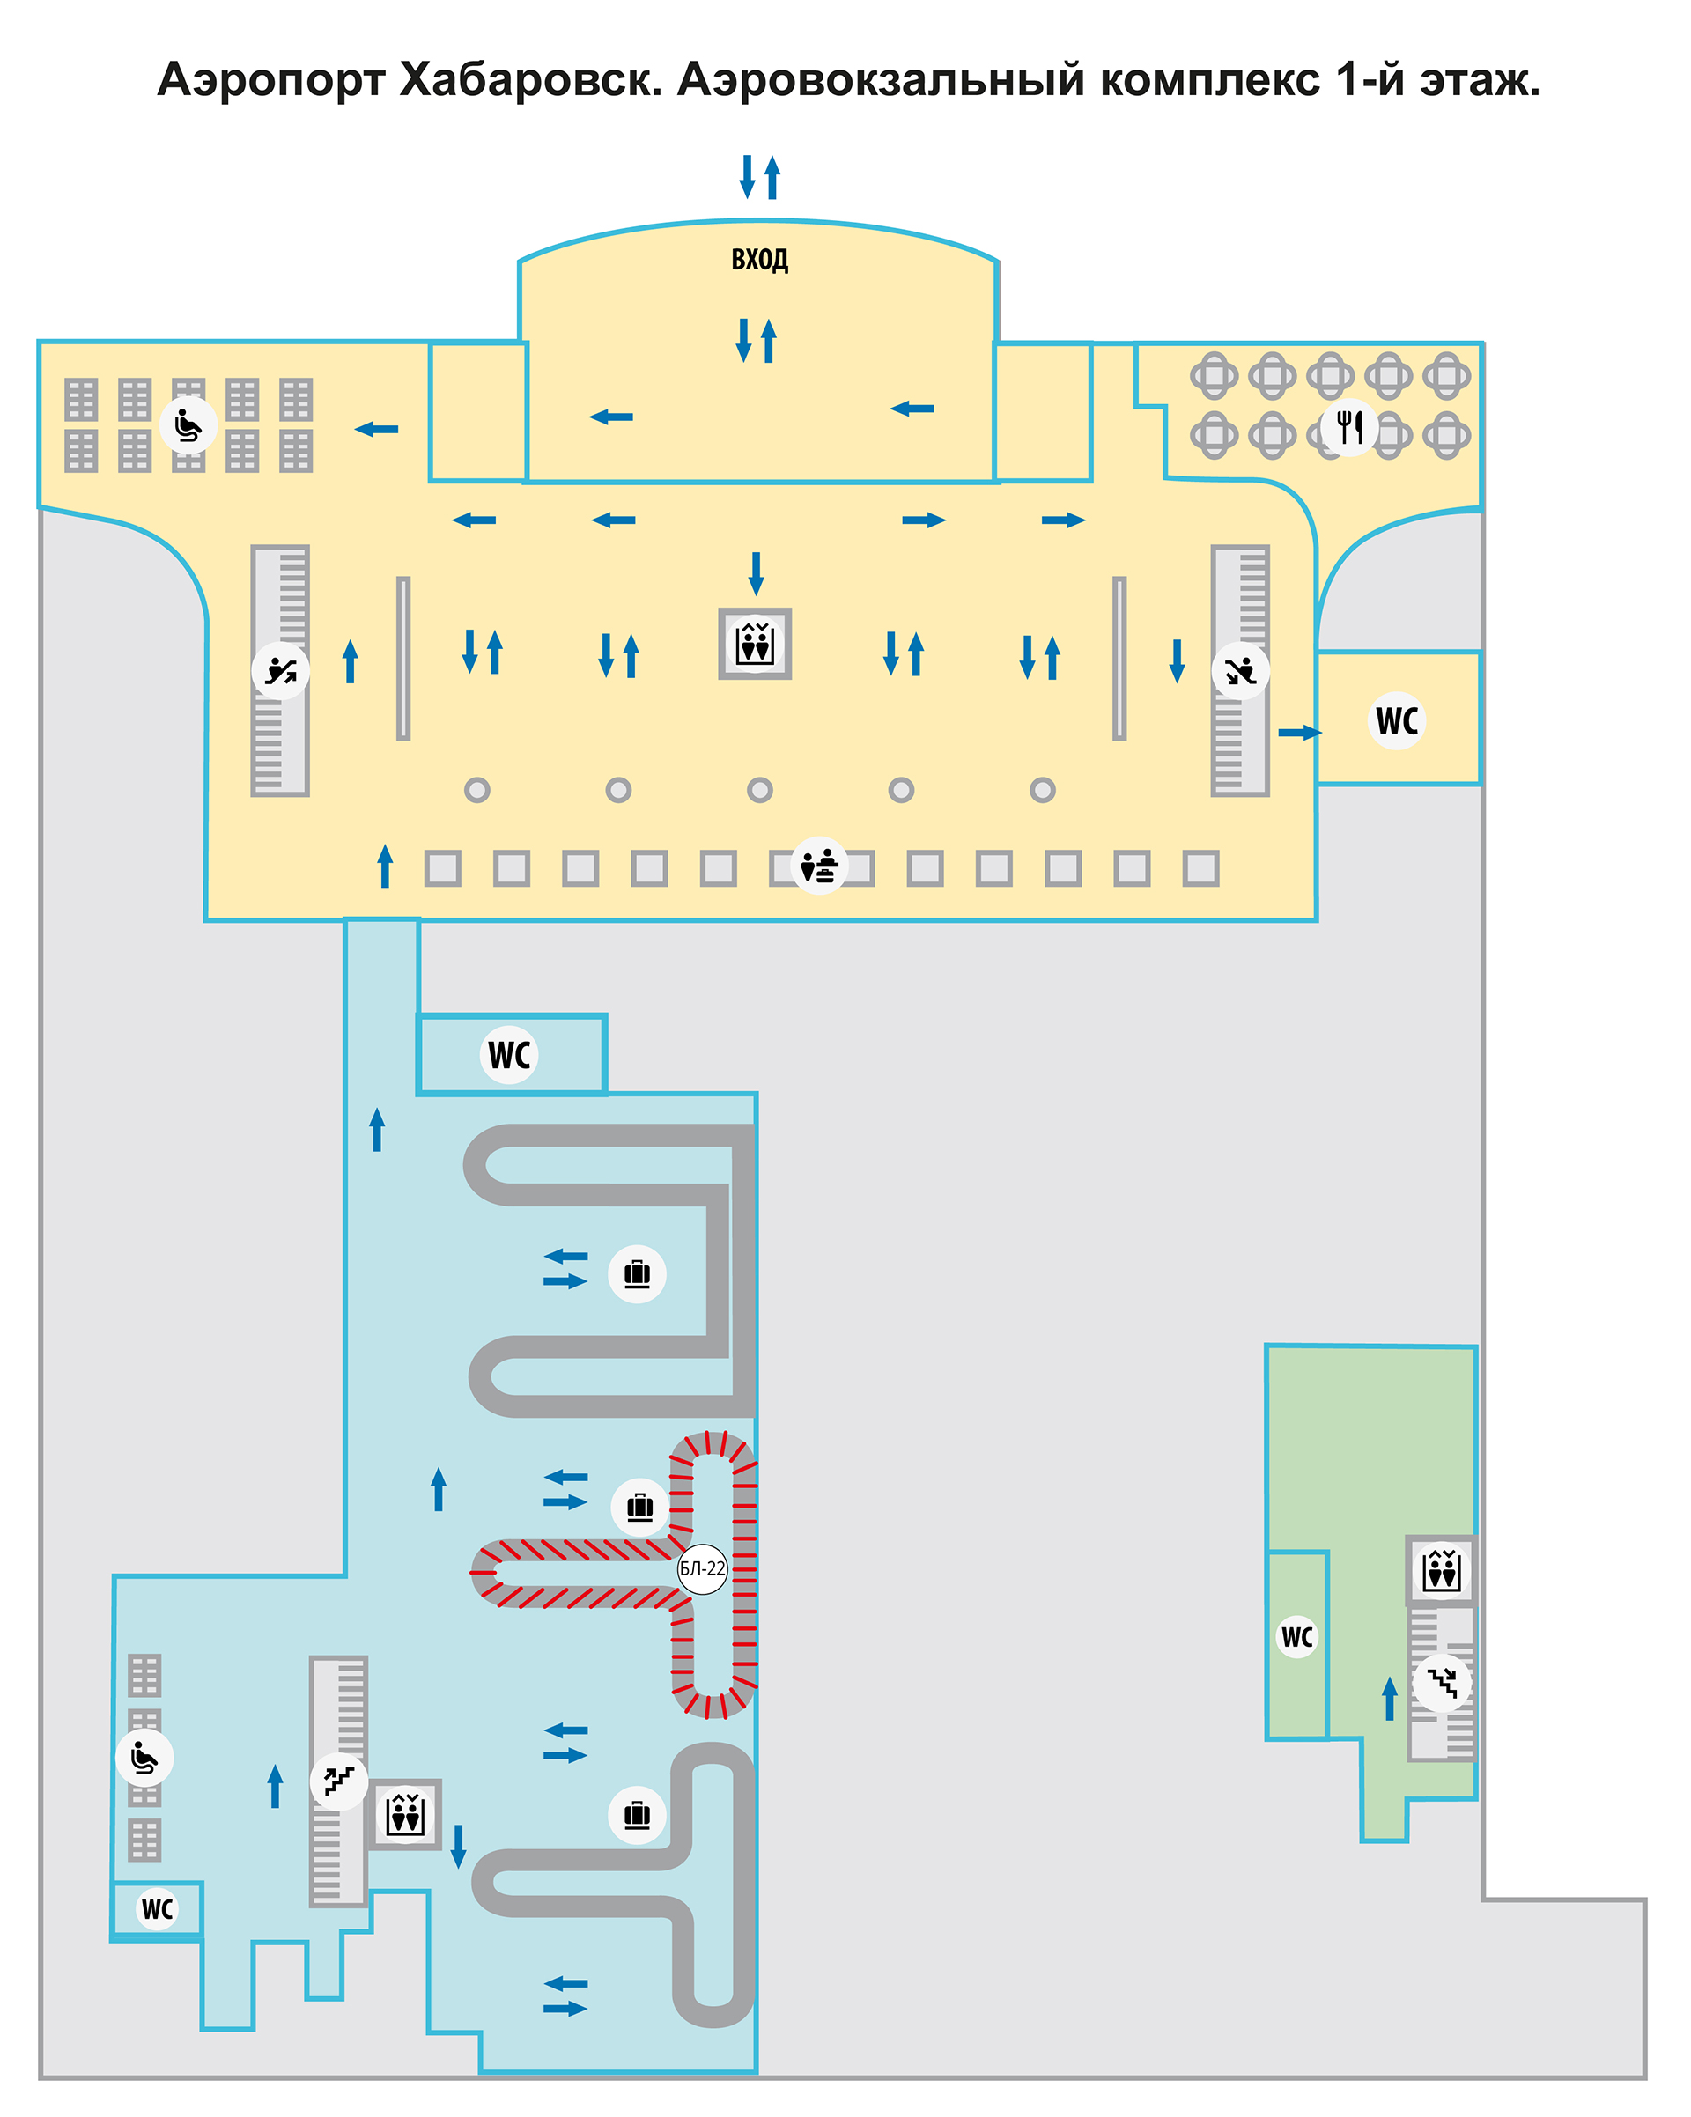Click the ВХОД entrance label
point(759,259)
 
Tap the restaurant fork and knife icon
point(1349,427)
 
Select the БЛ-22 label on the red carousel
point(702,1568)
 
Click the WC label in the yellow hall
point(1397,720)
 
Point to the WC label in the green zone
point(1297,1637)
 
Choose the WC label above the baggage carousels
point(510,1056)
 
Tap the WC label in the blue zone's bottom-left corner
point(157,1909)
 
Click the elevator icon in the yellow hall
point(754,644)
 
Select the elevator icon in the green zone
point(1442,1570)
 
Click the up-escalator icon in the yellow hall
point(281,671)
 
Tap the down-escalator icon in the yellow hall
point(1240,671)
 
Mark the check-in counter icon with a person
point(819,865)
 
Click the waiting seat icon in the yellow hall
point(188,425)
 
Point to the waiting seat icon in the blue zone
point(144,1758)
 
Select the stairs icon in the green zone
point(1442,1683)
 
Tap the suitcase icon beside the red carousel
point(640,1506)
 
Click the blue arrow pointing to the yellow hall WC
point(1300,733)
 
